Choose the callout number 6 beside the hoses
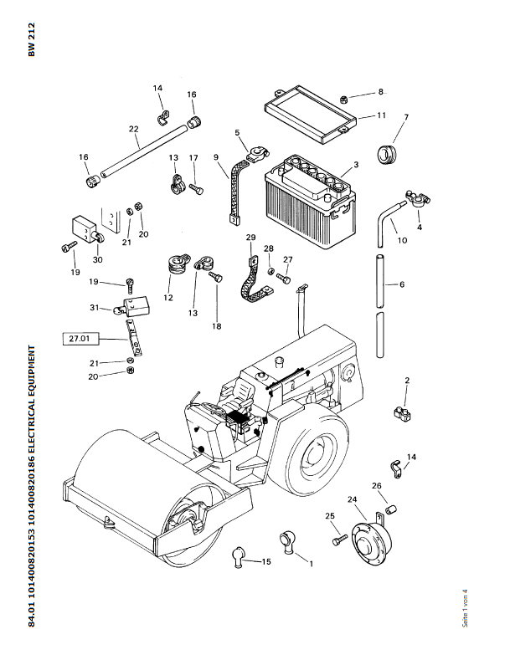401,284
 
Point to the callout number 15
266,561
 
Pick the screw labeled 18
217,326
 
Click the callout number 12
168,298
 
